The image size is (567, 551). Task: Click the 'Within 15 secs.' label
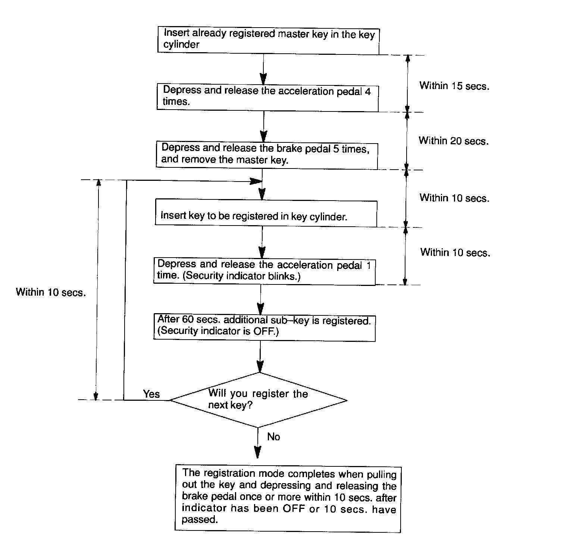454,86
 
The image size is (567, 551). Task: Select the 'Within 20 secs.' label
453,141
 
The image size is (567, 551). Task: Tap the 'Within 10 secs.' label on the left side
51,292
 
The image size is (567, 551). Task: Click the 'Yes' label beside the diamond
151,394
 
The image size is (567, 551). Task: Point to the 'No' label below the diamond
273,437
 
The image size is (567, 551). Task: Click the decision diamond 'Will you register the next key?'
258,400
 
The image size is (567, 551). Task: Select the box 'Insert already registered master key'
268,40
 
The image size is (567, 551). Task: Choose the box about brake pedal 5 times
266,155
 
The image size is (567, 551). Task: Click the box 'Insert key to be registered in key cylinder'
266,213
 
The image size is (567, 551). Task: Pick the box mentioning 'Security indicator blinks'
264,271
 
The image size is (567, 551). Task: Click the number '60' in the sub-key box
188,319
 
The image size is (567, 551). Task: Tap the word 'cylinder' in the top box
181,45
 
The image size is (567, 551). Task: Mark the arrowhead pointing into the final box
257,452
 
